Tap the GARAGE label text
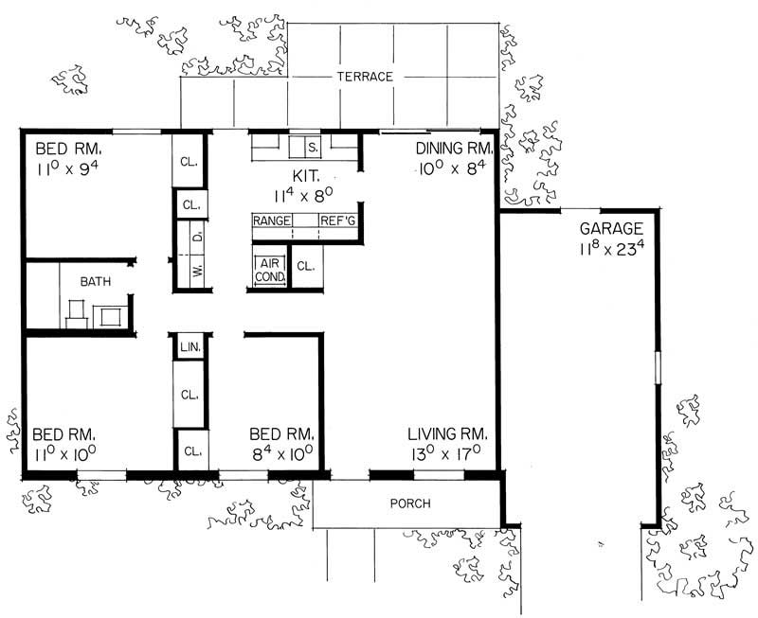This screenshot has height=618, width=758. click(611, 228)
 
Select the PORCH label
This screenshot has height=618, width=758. click(409, 503)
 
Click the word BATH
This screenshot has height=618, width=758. click(95, 282)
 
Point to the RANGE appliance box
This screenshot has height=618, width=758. click(271, 221)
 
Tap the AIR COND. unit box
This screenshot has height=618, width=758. click(269, 269)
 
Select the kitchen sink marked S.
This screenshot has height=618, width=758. click(314, 148)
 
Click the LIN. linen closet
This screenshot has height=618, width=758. click(189, 348)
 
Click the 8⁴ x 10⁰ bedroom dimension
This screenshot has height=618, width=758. click(281, 453)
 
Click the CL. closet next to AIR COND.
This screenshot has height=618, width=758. click(305, 268)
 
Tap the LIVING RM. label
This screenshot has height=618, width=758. click(447, 433)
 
